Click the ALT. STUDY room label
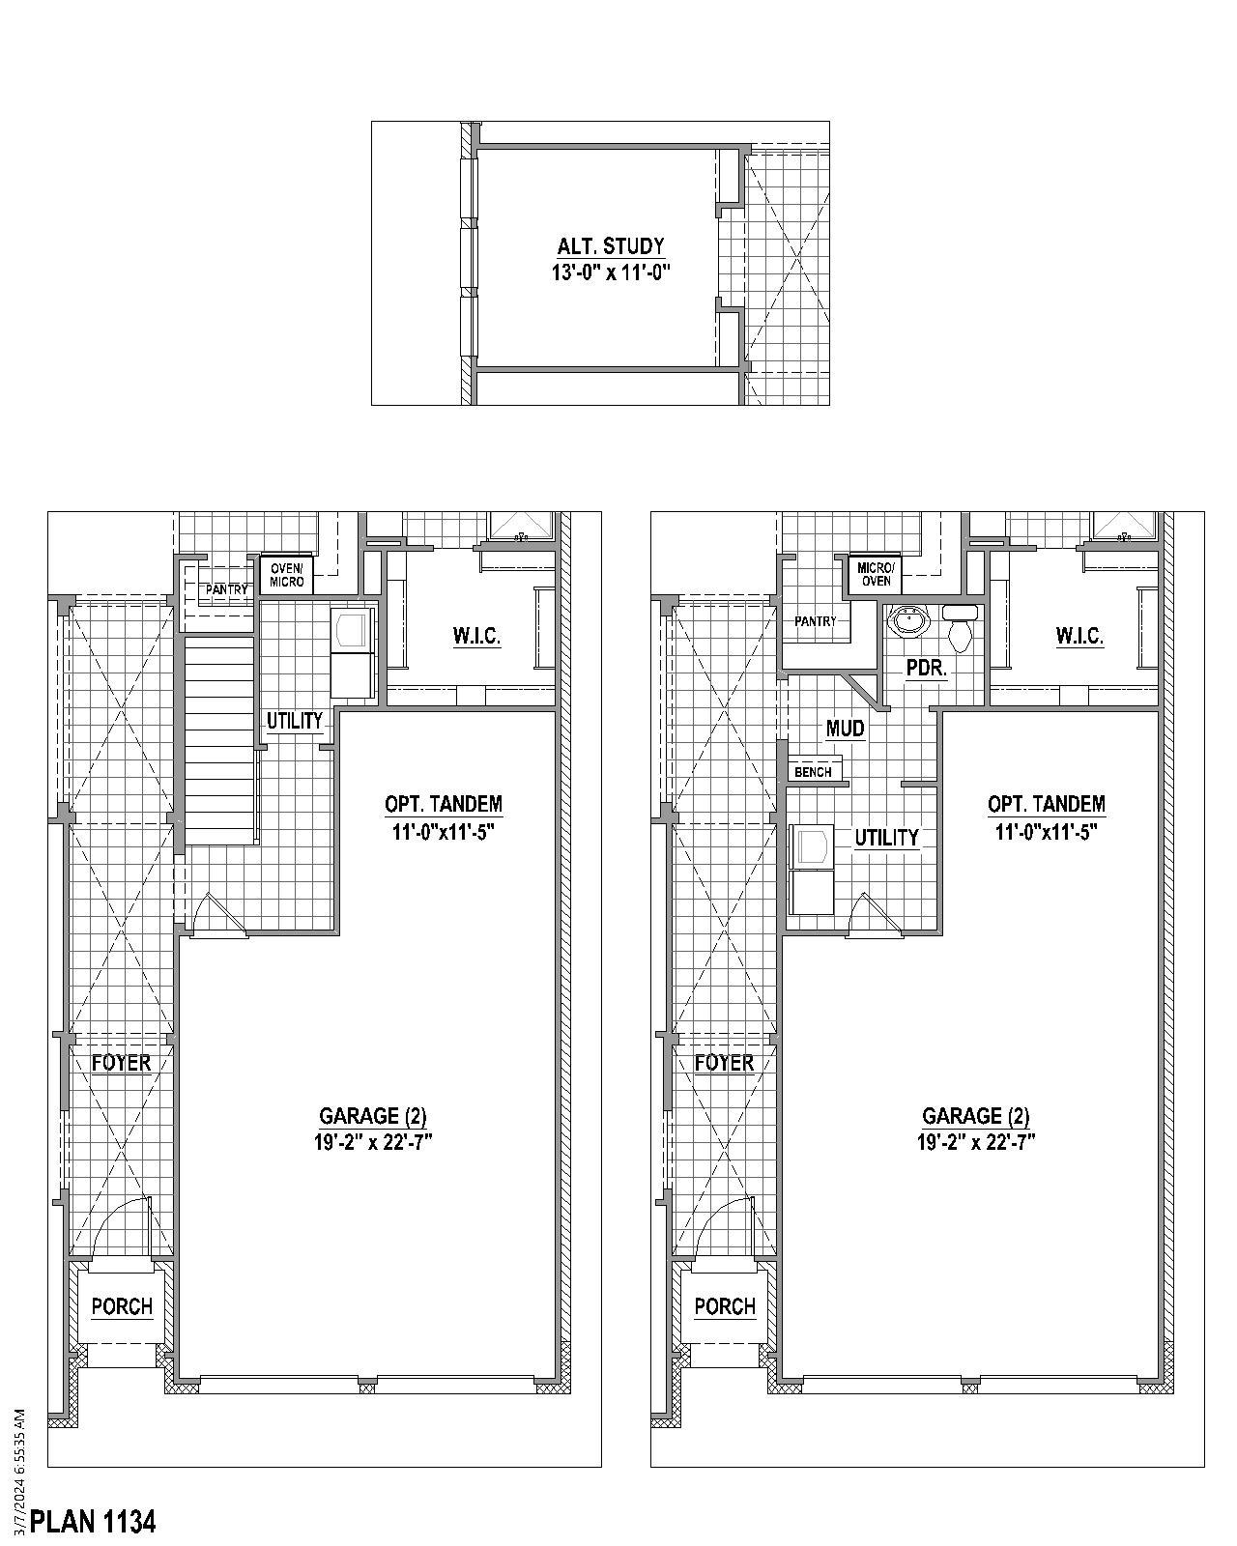coord(610,246)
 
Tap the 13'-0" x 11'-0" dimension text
coord(610,272)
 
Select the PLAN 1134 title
coord(93,1522)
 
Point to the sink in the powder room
coord(906,621)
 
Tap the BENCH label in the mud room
coord(813,772)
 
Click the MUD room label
coord(845,729)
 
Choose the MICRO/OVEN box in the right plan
coord(876,574)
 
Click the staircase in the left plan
coord(221,739)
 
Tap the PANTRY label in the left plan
coord(226,589)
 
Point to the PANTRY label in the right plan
coord(815,621)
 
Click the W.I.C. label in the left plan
coord(476,636)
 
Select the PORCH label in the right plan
coord(724,1306)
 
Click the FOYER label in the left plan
coord(121,1063)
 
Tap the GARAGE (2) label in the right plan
coord(975,1117)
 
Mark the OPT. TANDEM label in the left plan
coord(444,804)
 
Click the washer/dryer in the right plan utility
coord(810,869)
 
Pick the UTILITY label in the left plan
coord(295,720)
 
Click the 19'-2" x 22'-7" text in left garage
coord(373,1142)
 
